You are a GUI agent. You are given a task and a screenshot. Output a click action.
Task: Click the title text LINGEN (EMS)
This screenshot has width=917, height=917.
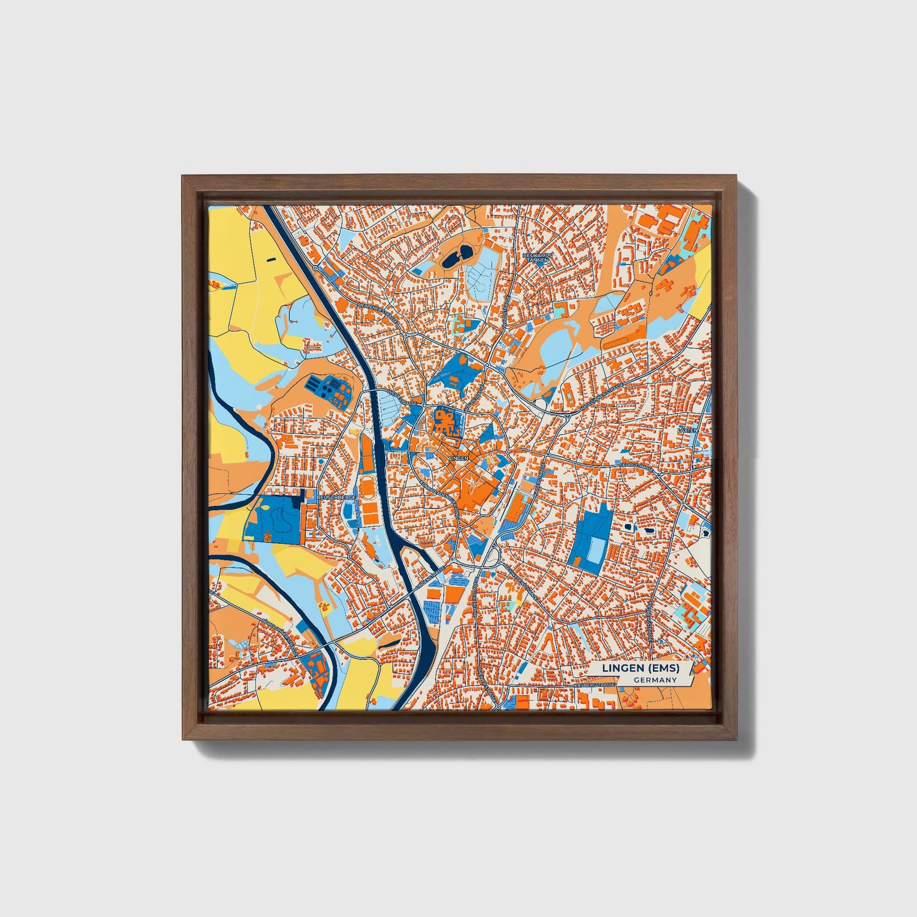[x=640, y=668]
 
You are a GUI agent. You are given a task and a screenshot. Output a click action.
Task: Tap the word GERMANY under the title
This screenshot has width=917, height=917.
[x=654, y=680]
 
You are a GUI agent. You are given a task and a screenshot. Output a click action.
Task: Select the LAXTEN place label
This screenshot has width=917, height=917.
[x=687, y=430]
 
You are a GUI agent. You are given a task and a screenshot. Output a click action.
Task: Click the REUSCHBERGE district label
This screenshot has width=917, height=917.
[x=336, y=499]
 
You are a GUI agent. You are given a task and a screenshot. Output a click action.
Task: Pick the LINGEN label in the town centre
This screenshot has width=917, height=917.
[x=458, y=457]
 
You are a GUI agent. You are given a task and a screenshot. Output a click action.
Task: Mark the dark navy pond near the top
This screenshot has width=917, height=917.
[x=456, y=257]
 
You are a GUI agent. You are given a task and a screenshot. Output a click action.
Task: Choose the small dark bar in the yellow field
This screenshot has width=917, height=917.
[x=272, y=259]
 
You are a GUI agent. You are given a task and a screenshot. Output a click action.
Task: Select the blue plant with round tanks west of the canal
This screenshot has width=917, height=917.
[x=327, y=388]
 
